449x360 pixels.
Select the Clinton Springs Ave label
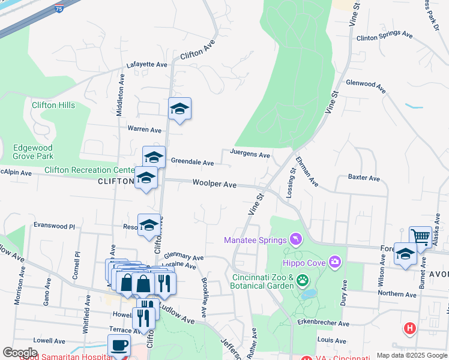click(x=384, y=37)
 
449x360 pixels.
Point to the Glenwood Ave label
click(x=365, y=85)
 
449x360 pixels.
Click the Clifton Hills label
click(x=53, y=105)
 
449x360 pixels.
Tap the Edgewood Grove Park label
click(x=33, y=152)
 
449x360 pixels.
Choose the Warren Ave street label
click(x=144, y=129)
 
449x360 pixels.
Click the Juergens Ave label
click(x=250, y=154)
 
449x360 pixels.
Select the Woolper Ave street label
click(x=214, y=184)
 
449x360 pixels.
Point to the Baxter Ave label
click(x=364, y=178)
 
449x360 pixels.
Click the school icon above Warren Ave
click(x=179, y=109)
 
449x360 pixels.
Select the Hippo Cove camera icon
click(x=334, y=262)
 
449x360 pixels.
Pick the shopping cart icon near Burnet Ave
click(x=420, y=237)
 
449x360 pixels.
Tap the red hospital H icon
click(x=410, y=328)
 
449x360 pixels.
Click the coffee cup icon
click(x=119, y=346)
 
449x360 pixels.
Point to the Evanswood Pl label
click(x=54, y=226)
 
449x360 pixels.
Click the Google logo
click(x=20, y=353)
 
